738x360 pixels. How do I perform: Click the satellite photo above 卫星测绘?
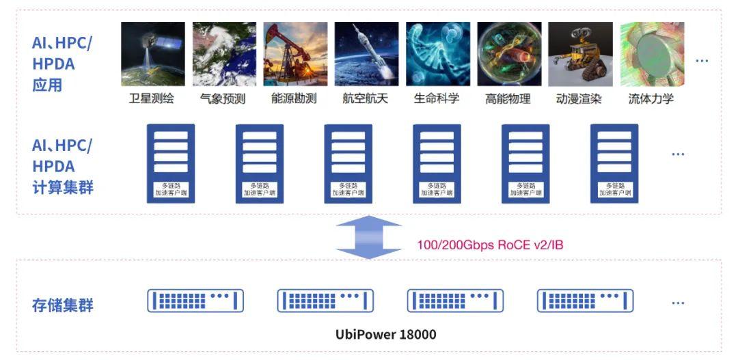153,54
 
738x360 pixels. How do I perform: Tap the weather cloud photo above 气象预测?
224,54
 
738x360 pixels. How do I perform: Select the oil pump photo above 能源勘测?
295,54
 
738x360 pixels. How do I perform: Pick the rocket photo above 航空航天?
366,54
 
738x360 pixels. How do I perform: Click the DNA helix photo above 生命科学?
437,54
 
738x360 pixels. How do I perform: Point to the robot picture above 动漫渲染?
579,54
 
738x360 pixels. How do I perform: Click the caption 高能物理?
508,98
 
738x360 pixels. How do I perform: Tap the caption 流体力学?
651,98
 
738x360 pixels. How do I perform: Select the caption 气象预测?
223,98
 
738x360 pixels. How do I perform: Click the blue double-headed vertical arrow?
370,237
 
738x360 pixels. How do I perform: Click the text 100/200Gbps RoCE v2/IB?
490,245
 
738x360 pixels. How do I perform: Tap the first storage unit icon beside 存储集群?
195,301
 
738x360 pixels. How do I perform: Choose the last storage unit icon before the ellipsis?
585,301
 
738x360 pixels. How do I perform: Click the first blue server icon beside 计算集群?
170,163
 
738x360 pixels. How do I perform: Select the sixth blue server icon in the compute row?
614,163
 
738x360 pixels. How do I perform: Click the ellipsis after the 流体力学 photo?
702,61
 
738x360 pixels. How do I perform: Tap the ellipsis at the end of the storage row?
678,303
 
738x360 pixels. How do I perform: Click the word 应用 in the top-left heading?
46,86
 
